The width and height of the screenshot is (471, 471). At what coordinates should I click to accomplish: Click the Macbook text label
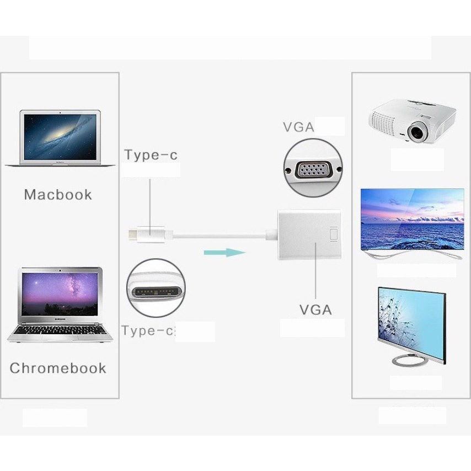point(58,195)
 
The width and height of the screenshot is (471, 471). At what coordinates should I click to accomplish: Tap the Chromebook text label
point(58,368)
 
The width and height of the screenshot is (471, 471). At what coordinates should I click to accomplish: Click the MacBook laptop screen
point(60,137)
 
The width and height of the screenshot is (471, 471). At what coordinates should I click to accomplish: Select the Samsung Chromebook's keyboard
point(60,330)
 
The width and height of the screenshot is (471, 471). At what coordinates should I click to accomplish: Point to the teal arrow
point(224,253)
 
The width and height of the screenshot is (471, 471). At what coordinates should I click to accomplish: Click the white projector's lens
point(418,132)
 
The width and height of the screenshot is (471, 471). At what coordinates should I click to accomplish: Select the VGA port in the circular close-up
point(313,170)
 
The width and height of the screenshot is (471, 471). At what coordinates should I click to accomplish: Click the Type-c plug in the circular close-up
point(156,292)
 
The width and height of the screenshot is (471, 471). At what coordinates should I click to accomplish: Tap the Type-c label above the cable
point(151,155)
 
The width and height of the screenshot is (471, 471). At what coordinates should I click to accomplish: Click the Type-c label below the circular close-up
point(148,331)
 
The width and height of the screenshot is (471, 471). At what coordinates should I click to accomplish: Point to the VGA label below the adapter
point(315,310)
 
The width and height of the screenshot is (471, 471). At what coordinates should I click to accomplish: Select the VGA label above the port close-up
point(298,127)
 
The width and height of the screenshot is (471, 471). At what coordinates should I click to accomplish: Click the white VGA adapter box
point(309,234)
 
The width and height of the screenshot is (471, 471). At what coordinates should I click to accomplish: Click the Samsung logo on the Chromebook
point(60,319)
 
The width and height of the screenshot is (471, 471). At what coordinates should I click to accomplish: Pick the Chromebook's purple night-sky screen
point(60,295)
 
